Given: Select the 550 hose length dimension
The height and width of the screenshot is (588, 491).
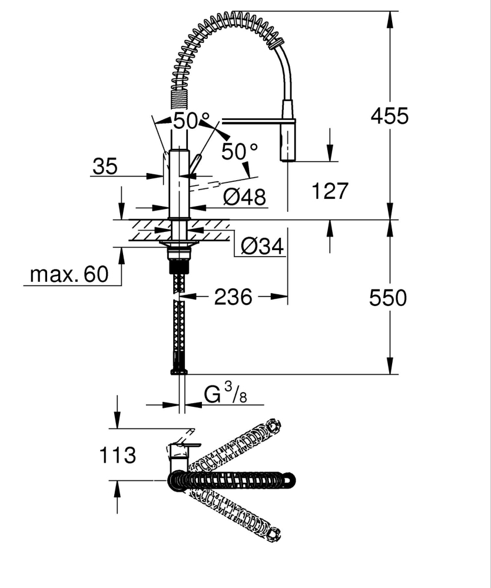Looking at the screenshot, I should pos(388,298).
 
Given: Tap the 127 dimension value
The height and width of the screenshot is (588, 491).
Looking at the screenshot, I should pos(330,191).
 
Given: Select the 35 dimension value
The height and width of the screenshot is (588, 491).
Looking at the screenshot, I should pos(105,167).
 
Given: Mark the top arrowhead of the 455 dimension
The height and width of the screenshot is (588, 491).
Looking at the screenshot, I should pos(389,18).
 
